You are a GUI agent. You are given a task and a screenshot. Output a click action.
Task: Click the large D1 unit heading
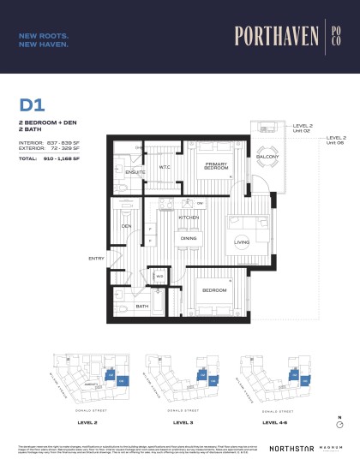click(x=32, y=105)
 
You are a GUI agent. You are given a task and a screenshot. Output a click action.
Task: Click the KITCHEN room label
click(x=189, y=218)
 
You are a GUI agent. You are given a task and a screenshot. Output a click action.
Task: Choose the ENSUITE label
click(x=135, y=173)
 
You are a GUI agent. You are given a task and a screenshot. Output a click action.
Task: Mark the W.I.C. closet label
click(x=165, y=168)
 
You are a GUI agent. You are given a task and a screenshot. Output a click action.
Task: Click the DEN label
click(x=126, y=225)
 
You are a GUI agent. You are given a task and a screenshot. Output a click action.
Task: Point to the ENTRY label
click(x=96, y=258)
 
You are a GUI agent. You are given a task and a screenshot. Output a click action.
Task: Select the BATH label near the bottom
click(x=142, y=306)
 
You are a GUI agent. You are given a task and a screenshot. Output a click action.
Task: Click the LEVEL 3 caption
click(x=183, y=422)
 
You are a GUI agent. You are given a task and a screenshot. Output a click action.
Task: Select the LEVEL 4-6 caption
click(x=275, y=422)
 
